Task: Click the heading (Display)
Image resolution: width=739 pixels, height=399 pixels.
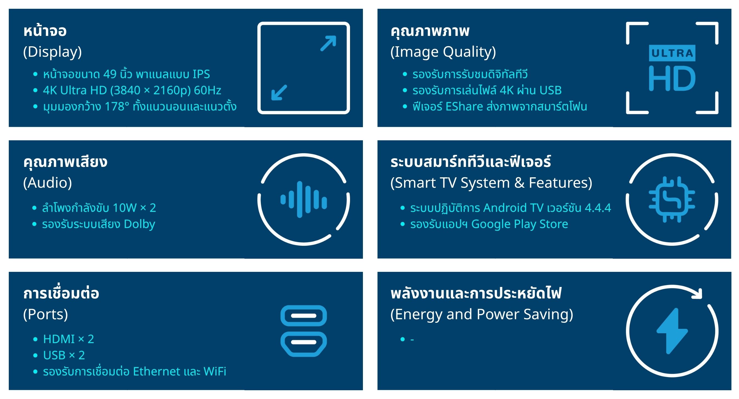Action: tap(52, 52)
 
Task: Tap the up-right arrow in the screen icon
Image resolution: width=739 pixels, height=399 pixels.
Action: tap(328, 43)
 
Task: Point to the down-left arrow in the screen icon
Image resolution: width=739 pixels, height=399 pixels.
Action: tap(279, 92)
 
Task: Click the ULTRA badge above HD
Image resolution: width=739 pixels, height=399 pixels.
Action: tap(672, 53)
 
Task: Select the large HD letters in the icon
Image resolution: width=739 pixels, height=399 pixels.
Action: tap(672, 78)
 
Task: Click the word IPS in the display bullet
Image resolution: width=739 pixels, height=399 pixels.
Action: tap(201, 74)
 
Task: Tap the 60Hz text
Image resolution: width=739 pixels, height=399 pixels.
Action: tap(208, 90)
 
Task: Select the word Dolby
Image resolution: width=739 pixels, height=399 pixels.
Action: tap(139, 224)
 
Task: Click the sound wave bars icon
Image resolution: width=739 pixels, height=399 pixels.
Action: tap(303, 200)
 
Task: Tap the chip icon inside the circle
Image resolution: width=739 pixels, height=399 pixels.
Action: tap(672, 200)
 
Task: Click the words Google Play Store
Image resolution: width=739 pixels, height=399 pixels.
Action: tap(520, 224)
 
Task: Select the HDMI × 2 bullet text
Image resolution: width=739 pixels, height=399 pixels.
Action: tap(69, 339)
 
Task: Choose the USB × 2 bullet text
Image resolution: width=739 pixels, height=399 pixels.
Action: tap(64, 355)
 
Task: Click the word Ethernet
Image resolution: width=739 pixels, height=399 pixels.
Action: tap(157, 372)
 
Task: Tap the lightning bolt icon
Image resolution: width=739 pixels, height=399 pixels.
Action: tap(672, 331)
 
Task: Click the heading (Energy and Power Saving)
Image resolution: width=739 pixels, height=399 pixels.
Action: tap(482, 314)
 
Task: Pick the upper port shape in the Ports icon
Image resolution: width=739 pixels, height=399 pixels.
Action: tap(303, 316)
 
